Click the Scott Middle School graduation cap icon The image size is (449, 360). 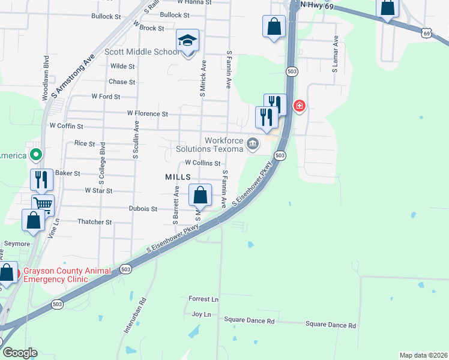tap(187, 41)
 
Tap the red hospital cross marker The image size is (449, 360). tap(299, 107)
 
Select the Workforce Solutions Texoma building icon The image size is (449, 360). tap(253, 143)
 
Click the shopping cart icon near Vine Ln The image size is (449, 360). tap(43, 205)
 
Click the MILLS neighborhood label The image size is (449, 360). tap(178, 177)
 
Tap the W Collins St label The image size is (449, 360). tap(203, 163)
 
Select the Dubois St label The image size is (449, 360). tap(143, 209)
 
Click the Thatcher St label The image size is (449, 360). tap(95, 221)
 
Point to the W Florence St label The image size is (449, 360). tap(147, 113)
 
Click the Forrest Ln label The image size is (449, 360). tap(203, 299)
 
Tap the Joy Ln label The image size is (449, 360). tap(201, 314)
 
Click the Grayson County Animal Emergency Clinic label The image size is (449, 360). tap(67, 274)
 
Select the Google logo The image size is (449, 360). tap(20, 353)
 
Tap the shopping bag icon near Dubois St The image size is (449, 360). tap(200, 194)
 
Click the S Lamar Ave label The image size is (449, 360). tap(336, 54)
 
